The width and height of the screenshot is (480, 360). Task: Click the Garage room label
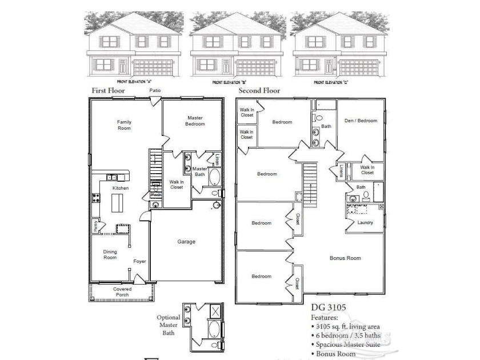click(x=186, y=242)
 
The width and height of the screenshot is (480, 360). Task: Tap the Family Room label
click(x=124, y=125)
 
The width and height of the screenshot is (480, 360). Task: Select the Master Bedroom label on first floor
click(x=195, y=121)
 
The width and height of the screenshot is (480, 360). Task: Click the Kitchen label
click(x=120, y=188)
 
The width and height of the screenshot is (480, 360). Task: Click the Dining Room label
click(x=110, y=254)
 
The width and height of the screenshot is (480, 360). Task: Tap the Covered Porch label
click(x=121, y=292)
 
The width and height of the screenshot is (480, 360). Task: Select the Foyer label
click(x=140, y=262)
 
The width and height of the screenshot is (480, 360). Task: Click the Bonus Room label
click(x=345, y=258)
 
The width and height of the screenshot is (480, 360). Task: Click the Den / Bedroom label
click(x=361, y=121)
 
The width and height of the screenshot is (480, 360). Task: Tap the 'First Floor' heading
click(x=109, y=91)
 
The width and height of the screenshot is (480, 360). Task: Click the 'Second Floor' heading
click(x=259, y=91)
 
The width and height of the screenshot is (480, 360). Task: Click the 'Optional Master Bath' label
click(x=169, y=325)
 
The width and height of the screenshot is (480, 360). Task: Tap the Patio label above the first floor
click(x=155, y=90)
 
